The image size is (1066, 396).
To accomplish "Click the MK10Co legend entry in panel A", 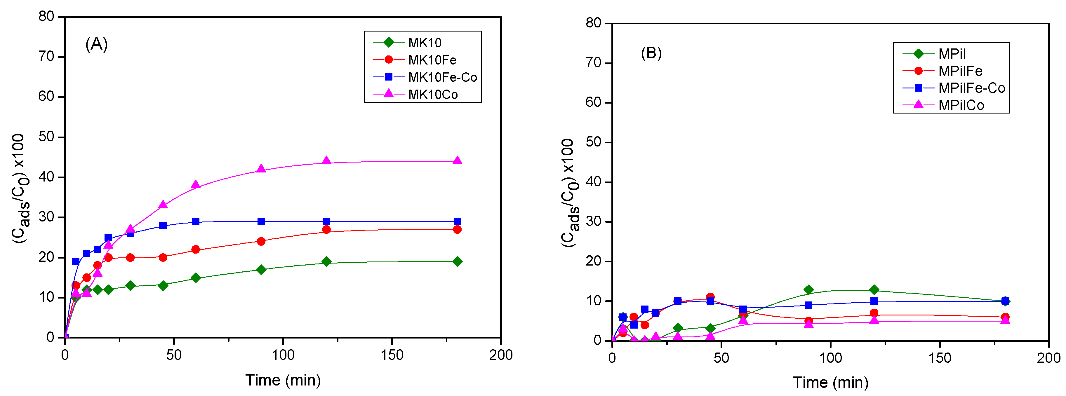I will tap(432, 94).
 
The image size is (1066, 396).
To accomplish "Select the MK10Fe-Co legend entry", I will tap(442, 77).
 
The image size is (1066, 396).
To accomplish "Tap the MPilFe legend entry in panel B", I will tap(960, 71).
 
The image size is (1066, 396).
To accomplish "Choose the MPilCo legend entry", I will tap(961, 105).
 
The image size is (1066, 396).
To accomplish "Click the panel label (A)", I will tap(96, 44).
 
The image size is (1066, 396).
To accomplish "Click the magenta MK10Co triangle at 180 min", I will tap(457, 161).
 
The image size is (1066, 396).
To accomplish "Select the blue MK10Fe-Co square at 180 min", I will tap(457, 221).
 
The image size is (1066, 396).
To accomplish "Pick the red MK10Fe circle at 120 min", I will tap(326, 229).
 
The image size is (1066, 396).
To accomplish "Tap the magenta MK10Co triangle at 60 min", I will tap(196, 184).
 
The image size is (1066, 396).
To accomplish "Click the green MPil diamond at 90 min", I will tap(808, 290).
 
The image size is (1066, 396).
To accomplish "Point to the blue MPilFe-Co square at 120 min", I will tap(874, 301).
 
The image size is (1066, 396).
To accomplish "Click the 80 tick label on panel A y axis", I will tap(46, 17).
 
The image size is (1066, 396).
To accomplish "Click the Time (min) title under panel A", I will tap(283, 380).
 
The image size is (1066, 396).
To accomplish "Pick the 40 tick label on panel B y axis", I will tap(593, 182).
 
